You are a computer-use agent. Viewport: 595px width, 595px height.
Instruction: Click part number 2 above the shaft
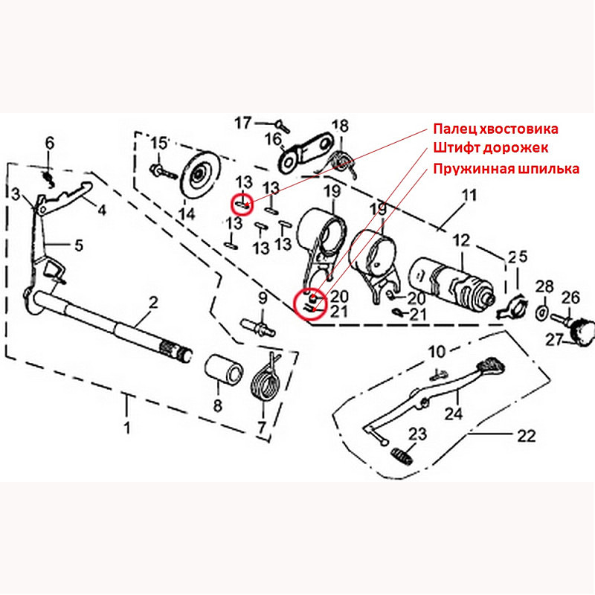click(x=153, y=302)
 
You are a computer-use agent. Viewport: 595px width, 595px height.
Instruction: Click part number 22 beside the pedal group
click(x=525, y=436)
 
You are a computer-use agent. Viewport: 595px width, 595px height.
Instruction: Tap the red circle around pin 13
click(x=243, y=202)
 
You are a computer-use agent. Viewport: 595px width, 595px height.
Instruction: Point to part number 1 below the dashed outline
click(x=126, y=428)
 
